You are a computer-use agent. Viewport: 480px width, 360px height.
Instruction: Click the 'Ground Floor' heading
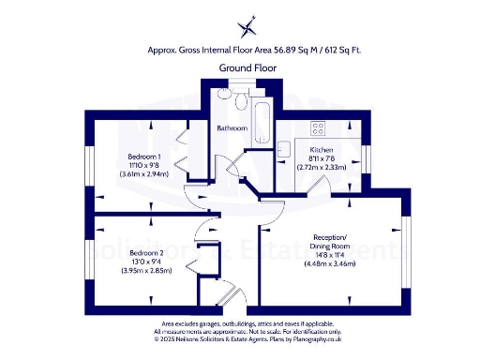point(240,68)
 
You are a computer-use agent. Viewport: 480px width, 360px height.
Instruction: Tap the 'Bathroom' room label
point(232,127)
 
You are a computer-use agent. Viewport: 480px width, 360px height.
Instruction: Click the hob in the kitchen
point(318,128)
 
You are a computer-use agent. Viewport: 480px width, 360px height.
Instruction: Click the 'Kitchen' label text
point(322,149)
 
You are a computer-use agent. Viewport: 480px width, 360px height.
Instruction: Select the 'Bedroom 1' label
point(145,156)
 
